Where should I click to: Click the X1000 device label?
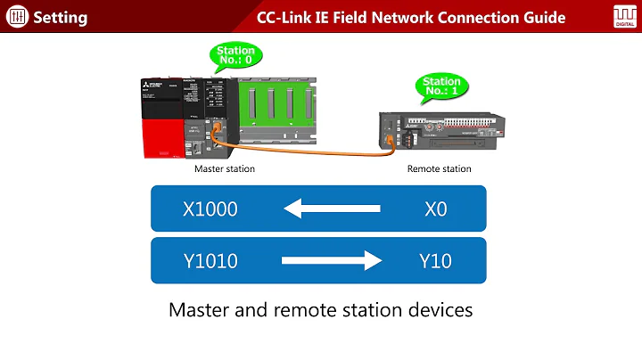tap(210, 209)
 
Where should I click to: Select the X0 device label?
tap(435, 209)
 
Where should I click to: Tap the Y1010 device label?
tap(210, 260)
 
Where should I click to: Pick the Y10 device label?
tap(435, 260)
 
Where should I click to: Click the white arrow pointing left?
tap(332, 209)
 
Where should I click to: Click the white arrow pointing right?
tap(332, 260)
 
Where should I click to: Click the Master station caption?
tap(225, 168)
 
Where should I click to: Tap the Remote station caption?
tap(439, 168)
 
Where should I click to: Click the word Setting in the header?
tap(62, 17)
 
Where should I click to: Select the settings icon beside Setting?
tap(17, 17)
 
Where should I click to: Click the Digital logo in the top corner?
tap(623, 16)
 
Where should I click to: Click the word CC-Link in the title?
tap(286, 17)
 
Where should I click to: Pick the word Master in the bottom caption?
tap(200, 311)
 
